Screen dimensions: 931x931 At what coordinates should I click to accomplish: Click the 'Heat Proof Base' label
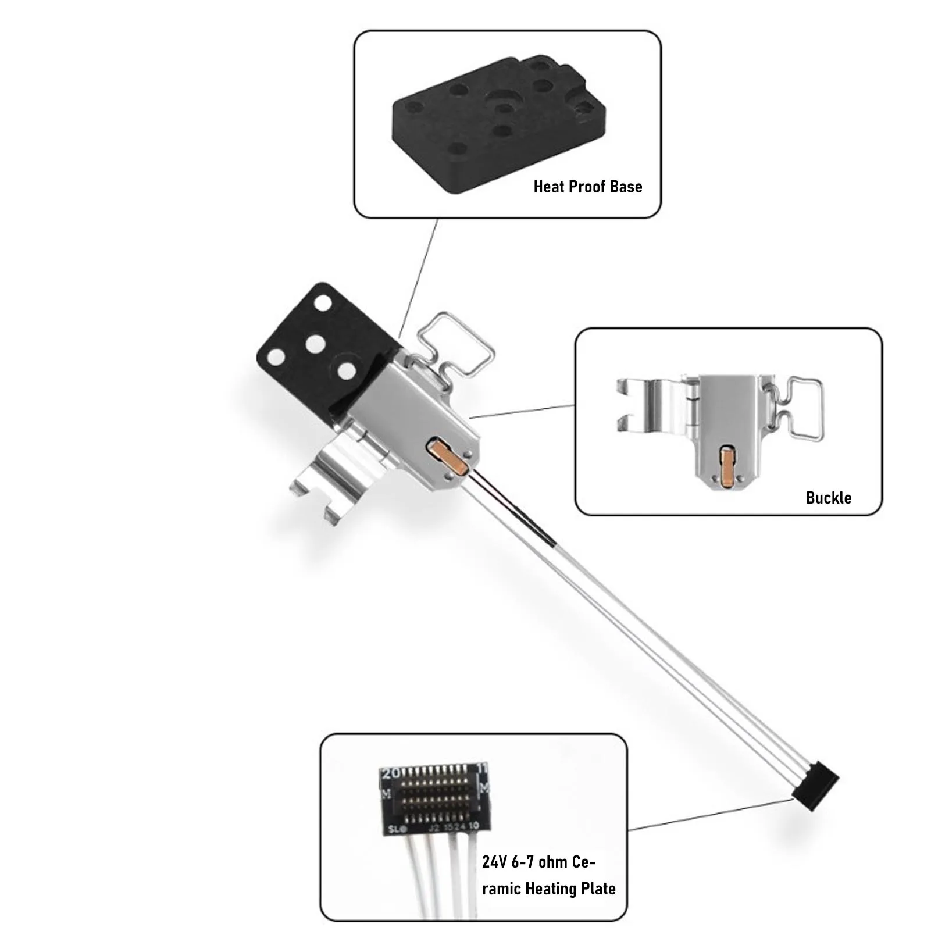pyautogui.click(x=588, y=187)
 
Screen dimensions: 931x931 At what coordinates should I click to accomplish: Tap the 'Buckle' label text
pyautogui.click(x=829, y=498)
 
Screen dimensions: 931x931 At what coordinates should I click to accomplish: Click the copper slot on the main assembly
pyautogui.click(x=446, y=456)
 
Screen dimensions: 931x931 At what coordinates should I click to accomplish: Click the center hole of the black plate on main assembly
pyautogui.click(x=315, y=344)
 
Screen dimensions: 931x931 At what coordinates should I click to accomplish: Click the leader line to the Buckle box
pyautogui.click(x=523, y=411)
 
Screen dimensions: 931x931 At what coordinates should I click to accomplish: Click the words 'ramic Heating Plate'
pyautogui.click(x=549, y=889)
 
